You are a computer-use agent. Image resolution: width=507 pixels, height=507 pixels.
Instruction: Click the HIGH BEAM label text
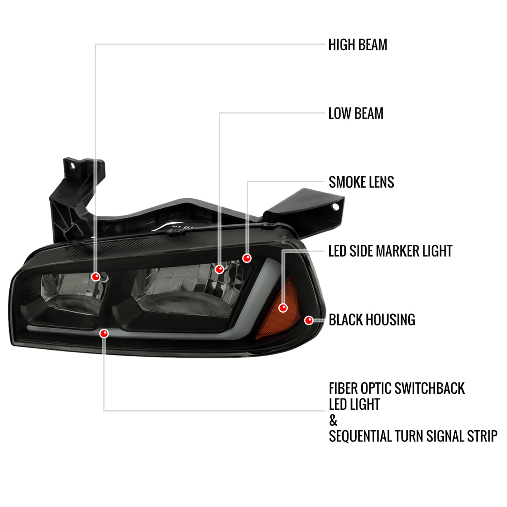click(x=358, y=45)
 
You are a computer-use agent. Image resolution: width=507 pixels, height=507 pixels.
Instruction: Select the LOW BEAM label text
click(x=356, y=114)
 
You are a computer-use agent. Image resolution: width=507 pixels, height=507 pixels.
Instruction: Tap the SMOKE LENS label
click(x=361, y=183)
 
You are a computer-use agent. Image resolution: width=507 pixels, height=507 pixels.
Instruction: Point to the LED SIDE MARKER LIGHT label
click(x=390, y=251)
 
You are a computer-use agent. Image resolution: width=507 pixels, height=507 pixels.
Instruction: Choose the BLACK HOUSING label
click(x=372, y=320)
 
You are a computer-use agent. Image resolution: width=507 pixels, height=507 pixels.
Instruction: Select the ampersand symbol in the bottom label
click(x=333, y=421)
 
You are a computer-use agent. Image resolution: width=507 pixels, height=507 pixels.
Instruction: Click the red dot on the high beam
click(x=96, y=277)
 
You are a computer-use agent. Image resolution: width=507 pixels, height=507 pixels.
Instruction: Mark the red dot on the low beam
click(x=219, y=269)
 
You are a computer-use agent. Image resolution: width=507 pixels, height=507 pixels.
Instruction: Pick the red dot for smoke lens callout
click(x=247, y=258)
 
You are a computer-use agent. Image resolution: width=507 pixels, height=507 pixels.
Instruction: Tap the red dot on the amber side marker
click(x=283, y=308)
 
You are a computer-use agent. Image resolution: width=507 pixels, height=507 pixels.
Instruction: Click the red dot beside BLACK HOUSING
click(x=309, y=320)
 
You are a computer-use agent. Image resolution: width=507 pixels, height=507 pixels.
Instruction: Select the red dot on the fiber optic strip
click(x=104, y=334)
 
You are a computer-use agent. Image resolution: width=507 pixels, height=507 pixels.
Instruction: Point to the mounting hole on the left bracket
click(x=72, y=166)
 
